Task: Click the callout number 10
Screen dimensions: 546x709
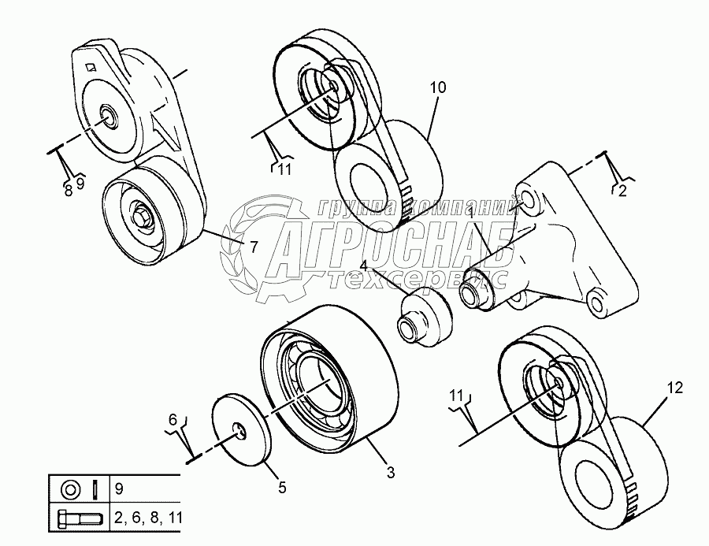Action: (x=438, y=87)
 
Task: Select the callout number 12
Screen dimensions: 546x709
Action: (x=674, y=388)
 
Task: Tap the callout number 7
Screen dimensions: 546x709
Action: (x=254, y=246)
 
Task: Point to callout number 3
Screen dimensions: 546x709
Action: (x=391, y=473)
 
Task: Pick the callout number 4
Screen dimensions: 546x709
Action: (x=363, y=266)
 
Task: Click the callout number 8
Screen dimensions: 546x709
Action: (x=68, y=188)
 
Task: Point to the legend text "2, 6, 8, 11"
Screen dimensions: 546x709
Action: (x=147, y=519)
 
